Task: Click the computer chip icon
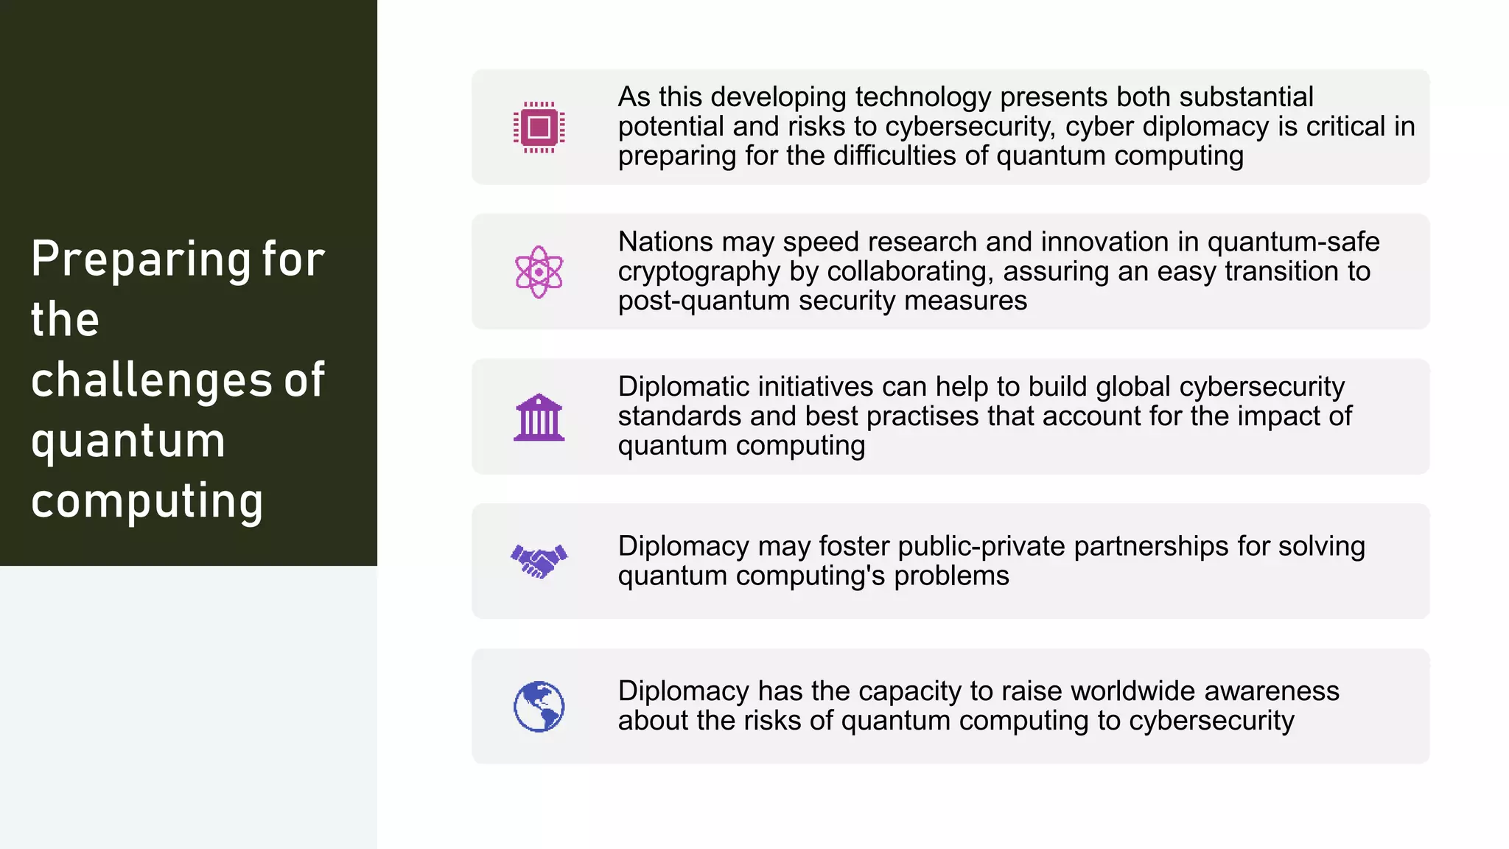coord(539,127)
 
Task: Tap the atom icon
coord(539,272)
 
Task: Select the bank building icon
coord(539,417)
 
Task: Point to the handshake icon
coord(539,562)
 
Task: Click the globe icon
coord(539,706)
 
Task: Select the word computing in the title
coord(147,502)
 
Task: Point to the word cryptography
coord(699,272)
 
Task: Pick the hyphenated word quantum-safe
coord(1293,242)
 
